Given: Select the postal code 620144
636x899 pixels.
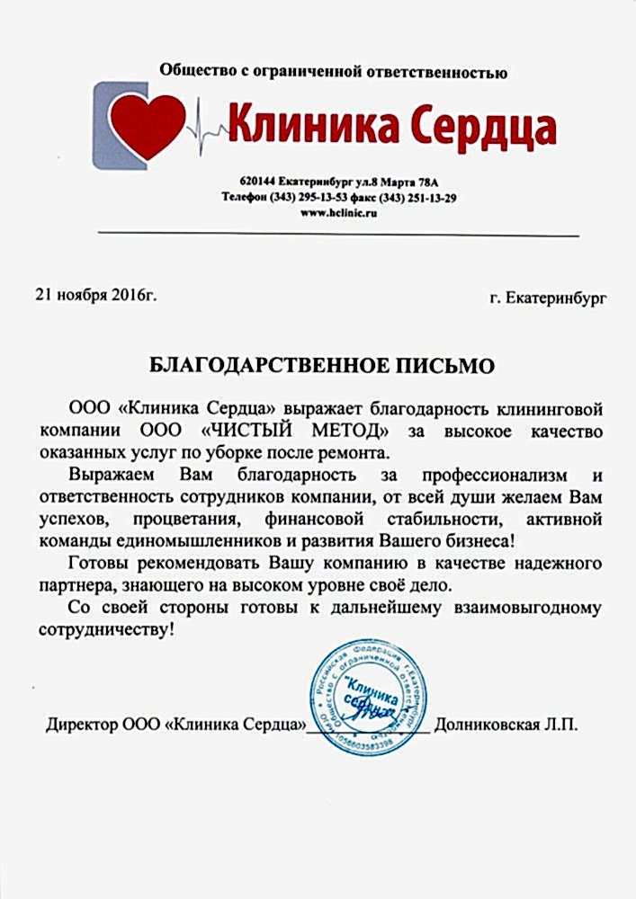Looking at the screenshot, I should [x=258, y=182].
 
